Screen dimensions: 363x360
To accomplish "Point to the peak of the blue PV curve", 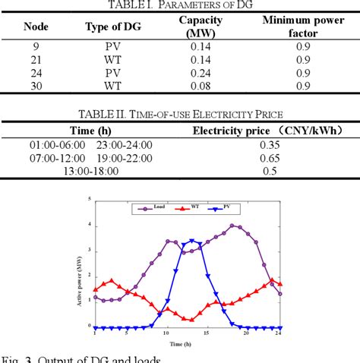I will click(x=192, y=241).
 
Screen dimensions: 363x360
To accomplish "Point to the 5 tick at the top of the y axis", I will click(x=90, y=200).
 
